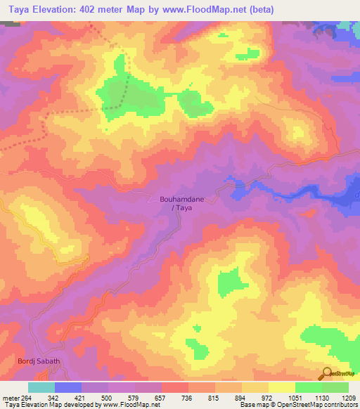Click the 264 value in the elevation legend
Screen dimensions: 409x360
pyautogui.click(x=22, y=398)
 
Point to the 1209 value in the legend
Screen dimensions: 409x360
pyautogui.click(x=349, y=398)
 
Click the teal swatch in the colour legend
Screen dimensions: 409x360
pyautogui.click(x=41, y=387)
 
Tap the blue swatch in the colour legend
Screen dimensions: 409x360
pyautogui.click(x=68, y=387)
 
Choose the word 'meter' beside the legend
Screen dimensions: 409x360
pyautogui.click(x=9, y=398)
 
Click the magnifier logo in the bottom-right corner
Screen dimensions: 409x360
pyautogui.click(x=328, y=373)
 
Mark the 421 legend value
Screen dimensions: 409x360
pyautogui.click(x=77, y=398)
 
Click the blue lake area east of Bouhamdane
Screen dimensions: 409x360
pyautogui.click(x=295, y=190)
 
